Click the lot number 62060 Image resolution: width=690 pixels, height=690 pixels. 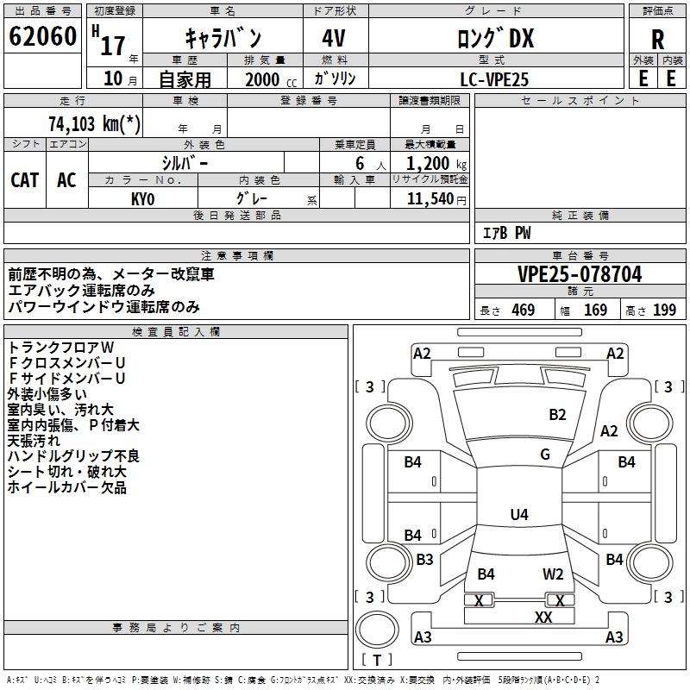point(42,37)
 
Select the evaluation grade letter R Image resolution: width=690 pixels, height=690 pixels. point(657,40)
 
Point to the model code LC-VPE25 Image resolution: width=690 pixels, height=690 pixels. point(494,79)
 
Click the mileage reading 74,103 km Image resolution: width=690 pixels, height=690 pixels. point(95,124)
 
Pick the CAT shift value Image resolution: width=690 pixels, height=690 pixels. point(24,179)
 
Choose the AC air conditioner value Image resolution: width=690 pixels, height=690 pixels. point(66,179)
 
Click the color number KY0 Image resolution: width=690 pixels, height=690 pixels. point(142,198)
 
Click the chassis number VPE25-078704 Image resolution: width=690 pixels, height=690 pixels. point(580,274)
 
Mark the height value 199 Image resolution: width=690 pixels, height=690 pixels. point(665,310)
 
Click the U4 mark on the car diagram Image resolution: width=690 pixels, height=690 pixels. point(518,515)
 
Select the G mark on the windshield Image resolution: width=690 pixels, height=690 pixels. point(544,455)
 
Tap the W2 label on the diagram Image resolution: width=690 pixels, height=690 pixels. point(553,574)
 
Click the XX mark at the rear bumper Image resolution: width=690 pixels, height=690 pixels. point(543,618)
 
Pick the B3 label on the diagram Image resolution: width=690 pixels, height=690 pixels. point(424,560)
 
